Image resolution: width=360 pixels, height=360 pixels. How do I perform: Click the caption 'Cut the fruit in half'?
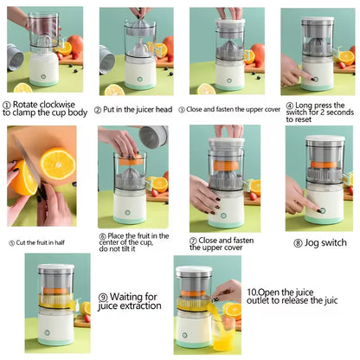43,242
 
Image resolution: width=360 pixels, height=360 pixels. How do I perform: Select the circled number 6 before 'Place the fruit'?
102,235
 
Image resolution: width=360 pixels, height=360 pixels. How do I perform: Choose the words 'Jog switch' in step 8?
327,242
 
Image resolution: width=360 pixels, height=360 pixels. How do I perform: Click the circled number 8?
297,242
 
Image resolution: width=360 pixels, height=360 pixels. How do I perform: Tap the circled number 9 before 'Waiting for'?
103,296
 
